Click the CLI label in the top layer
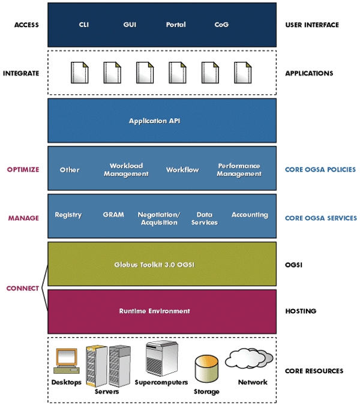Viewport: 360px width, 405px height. [84, 25]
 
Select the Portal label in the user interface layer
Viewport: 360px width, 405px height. [176, 25]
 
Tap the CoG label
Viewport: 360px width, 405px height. [221, 25]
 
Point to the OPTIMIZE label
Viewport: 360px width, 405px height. [23, 170]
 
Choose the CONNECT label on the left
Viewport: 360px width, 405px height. [22, 288]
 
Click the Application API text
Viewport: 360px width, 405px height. [154, 121]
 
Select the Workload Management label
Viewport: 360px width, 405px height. [126, 170]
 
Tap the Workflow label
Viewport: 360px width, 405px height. [182, 170]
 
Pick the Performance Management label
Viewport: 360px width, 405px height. [239, 170]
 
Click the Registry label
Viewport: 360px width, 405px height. [68, 215]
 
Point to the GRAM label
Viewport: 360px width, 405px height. [113, 215]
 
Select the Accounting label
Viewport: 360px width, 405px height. [250, 215]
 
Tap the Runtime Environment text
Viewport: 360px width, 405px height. [154, 311]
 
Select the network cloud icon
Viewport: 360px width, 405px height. [248, 359]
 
